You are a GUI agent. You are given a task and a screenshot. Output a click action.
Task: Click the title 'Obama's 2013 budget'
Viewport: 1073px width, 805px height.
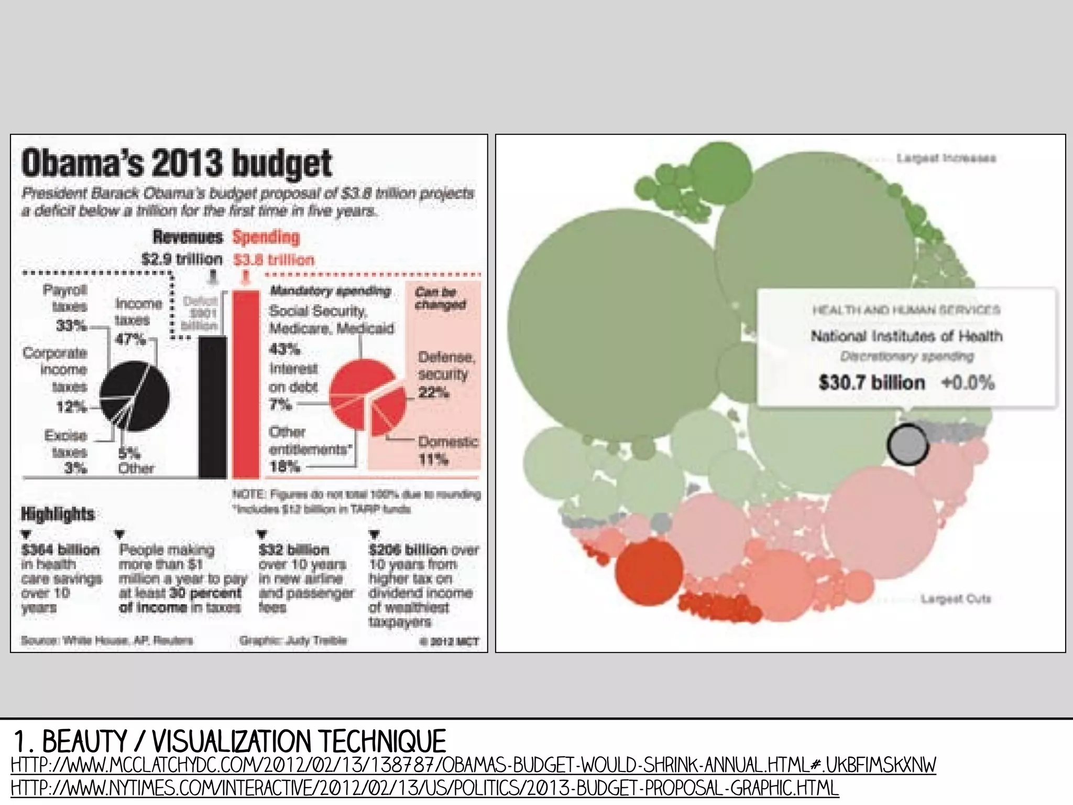(177, 163)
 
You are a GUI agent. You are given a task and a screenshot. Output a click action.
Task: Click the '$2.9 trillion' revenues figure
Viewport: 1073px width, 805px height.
(182, 259)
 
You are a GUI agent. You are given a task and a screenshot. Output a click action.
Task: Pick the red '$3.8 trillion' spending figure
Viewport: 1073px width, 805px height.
(274, 260)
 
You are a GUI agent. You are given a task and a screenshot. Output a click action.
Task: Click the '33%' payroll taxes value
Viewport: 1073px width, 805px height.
(71, 326)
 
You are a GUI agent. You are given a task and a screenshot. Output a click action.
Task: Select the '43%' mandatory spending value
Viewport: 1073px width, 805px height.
(284, 349)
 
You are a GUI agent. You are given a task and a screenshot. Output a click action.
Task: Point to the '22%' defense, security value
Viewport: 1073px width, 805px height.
(433, 392)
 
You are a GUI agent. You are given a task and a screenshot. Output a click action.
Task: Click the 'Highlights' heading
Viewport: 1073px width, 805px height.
(58, 514)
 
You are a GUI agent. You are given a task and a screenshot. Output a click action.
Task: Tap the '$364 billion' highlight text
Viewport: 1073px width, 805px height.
(61, 550)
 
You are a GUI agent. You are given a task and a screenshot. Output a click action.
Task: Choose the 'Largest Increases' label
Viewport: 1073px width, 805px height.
(946, 158)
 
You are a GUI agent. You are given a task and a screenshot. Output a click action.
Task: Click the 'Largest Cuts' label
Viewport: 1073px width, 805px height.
(956, 598)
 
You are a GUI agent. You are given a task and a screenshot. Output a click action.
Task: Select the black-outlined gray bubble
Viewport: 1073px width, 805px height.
(908, 444)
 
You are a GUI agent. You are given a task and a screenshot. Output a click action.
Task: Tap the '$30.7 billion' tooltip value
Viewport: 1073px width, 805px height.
(872, 382)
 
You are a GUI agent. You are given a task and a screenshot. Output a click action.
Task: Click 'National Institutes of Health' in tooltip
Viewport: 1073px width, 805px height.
(906, 336)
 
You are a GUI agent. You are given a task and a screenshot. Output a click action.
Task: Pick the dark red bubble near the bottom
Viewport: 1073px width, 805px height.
(649, 572)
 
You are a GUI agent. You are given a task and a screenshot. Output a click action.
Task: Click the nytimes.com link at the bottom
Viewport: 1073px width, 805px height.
(425, 788)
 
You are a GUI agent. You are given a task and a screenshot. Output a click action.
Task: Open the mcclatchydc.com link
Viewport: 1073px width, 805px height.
(473, 765)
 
